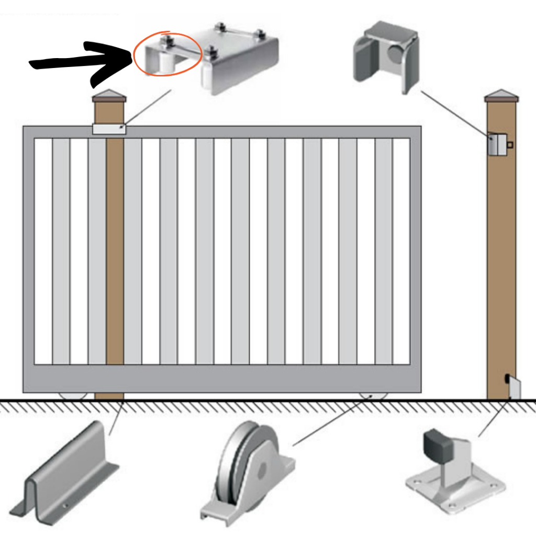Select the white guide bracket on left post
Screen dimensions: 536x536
109,129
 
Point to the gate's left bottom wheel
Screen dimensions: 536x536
73,396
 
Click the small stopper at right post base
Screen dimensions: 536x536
513,389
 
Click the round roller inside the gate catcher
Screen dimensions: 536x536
396,54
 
